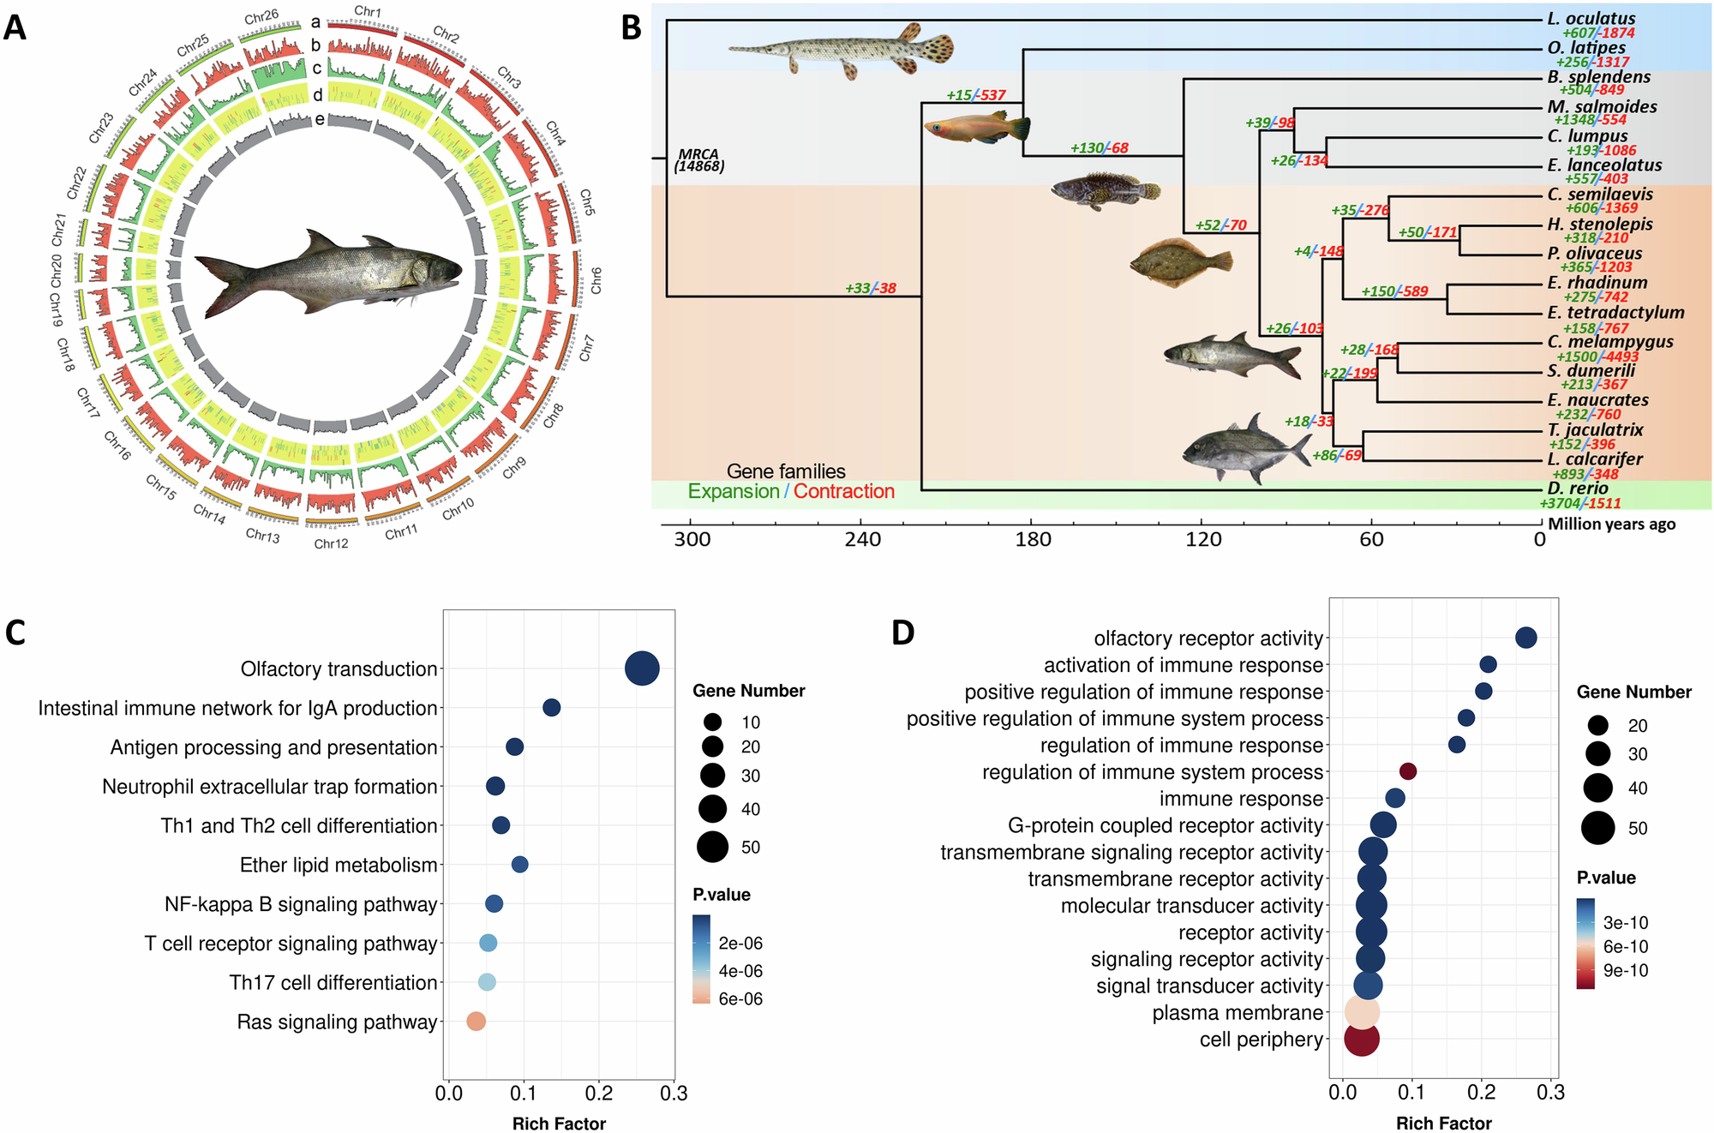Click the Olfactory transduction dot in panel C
(642, 668)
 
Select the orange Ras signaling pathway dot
(476, 1021)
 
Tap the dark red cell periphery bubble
(1361, 1040)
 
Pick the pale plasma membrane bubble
(1361, 1012)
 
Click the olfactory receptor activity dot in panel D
(1525, 638)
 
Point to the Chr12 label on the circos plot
(331, 543)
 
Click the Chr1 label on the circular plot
(368, 11)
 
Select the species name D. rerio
(1578, 489)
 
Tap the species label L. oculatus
(1591, 18)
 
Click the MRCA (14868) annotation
(699, 160)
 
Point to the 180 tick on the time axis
(1033, 539)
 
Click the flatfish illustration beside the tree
(1180, 263)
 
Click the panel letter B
(631, 28)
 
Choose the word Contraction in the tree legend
(843, 491)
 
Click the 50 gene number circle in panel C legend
(712, 847)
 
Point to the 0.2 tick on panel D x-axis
(1481, 1092)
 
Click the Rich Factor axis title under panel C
(559, 1123)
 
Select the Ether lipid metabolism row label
(339, 865)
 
